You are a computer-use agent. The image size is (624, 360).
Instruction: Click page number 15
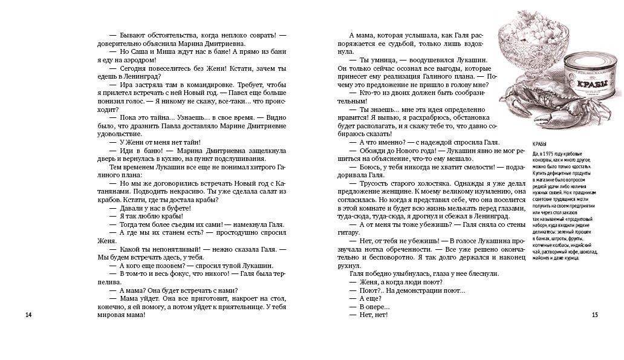coord(594,315)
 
